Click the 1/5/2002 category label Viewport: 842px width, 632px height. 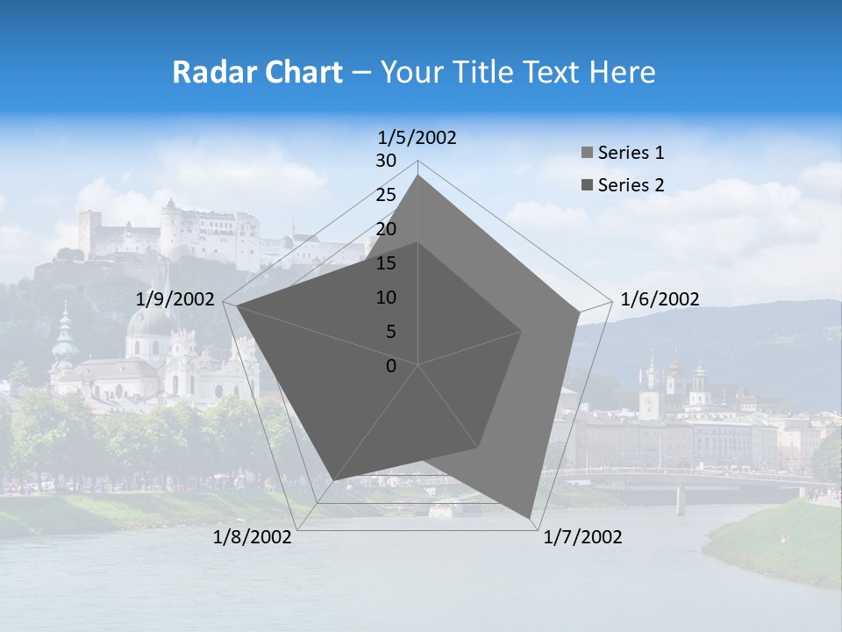point(417,138)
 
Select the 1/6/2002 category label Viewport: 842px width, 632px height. point(660,300)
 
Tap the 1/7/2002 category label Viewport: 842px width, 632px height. point(582,537)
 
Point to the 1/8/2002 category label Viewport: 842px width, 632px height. point(253,537)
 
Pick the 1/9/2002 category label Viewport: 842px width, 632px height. point(175,300)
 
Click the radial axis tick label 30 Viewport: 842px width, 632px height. point(386,161)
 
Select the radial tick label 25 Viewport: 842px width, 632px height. point(386,195)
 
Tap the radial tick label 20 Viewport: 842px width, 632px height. point(386,229)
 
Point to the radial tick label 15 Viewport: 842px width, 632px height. point(386,263)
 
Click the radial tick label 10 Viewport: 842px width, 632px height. point(386,298)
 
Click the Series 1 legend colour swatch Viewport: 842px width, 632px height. point(587,154)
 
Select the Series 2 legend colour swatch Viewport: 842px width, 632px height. point(587,185)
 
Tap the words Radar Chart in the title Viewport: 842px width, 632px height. point(257,72)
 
